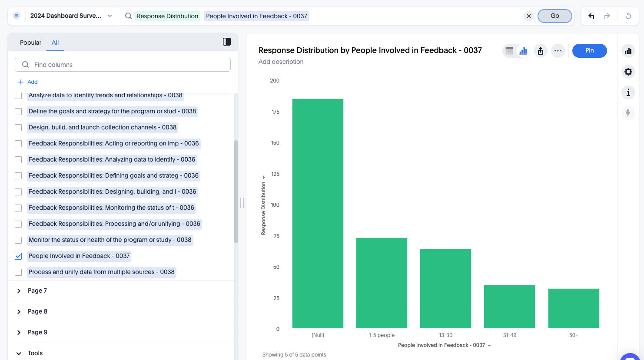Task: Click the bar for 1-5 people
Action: click(x=382, y=283)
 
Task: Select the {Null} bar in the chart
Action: click(x=318, y=213)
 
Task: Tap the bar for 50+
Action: click(x=574, y=308)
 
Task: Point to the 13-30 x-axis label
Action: click(x=445, y=335)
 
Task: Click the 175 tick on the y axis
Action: click(x=276, y=112)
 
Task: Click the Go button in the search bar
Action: click(x=554, y=16)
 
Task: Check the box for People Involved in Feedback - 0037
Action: click(x=18, y=256)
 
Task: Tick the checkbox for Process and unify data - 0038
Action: click(x=18, y=272)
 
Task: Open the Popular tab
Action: click(x=30, y=43)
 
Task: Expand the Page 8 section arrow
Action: click(x=19, y=312)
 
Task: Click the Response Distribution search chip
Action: click(x=167, y=16)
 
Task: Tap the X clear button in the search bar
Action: click(x=528, y=16)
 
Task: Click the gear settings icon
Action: click(x=628, y=72)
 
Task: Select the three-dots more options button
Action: click(x=558, y=51)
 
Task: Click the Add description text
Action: click(x=281, y=62)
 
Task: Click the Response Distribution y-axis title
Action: click(x=263, y=208)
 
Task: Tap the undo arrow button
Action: click(x=591, y=16)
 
